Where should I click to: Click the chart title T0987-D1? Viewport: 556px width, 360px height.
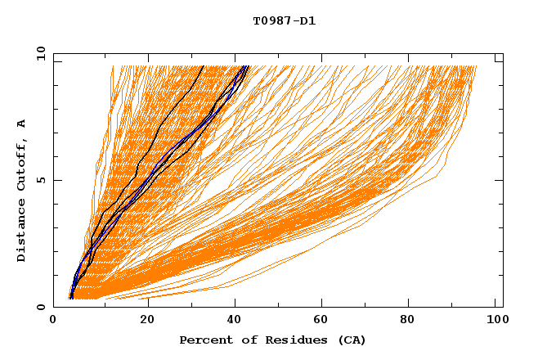284,21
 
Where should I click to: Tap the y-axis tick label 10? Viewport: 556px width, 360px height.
38,54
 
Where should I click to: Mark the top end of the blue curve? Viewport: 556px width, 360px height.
247,66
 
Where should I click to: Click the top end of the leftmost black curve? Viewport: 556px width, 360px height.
203,66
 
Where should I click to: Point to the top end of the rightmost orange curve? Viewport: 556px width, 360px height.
476,66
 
